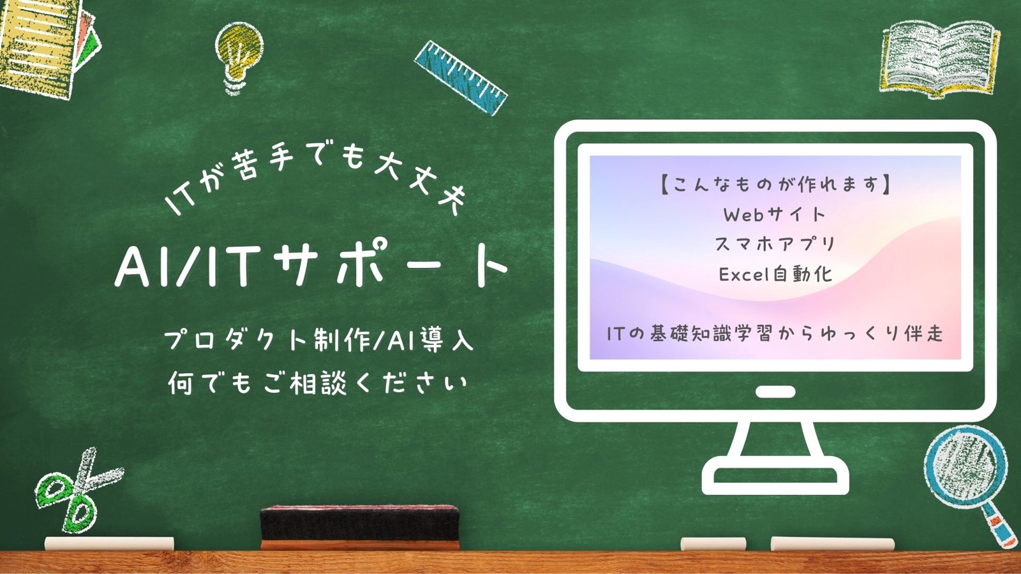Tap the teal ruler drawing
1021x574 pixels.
click(460, 77)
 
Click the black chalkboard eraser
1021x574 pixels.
click(360, 527)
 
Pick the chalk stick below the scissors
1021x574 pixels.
click(109, 543)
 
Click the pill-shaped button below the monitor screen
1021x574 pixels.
click(775, 392)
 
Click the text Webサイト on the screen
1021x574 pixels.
click(775, 214)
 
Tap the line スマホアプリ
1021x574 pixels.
click(775, 244)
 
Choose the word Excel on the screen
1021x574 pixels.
click(740, 274)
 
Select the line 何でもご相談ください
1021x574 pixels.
click(318, 383)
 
